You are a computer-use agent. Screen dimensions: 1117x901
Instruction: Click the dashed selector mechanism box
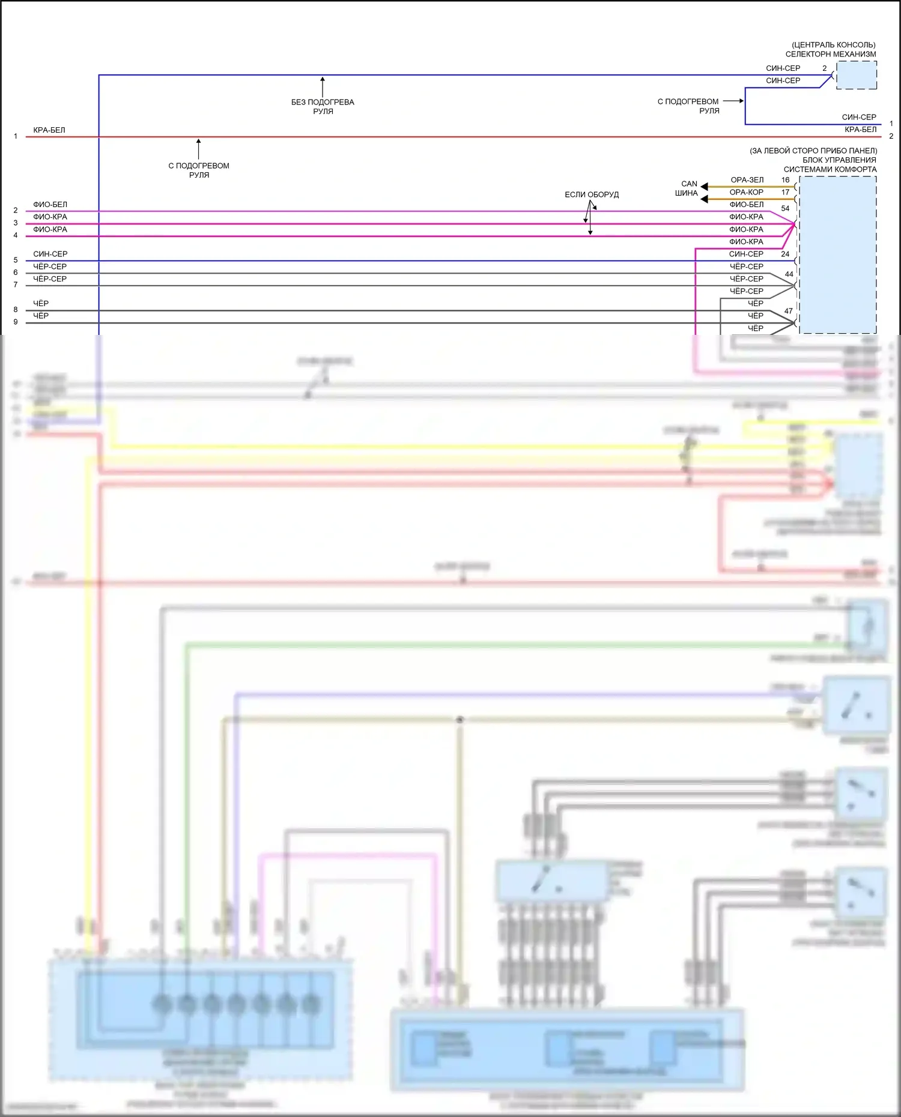click(856, 75)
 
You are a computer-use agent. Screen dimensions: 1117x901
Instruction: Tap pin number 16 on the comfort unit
click(785, 180)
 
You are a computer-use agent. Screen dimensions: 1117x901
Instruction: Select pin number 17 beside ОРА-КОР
click(785, 192)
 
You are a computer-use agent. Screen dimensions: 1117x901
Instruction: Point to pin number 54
click(785, 208)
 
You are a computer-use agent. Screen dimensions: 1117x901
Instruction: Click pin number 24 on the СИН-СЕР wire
click(785, 254)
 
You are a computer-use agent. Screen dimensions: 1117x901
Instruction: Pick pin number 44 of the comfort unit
click(789, 274)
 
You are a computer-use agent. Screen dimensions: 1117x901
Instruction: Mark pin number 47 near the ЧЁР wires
click(788, 311)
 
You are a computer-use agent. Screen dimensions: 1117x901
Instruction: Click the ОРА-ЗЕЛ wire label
click(747, 180)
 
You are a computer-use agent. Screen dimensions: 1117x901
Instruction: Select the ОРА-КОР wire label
click(746, 192)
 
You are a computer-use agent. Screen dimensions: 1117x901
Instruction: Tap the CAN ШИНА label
click(687, 188)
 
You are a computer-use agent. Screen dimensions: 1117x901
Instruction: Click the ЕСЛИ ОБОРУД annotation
click(591, 194)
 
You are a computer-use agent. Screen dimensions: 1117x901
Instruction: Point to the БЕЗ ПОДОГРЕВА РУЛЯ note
click(323, 106)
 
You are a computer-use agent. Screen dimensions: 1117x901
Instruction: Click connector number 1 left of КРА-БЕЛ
click(16, 136)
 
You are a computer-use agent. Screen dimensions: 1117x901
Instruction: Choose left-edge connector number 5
click(16, 260)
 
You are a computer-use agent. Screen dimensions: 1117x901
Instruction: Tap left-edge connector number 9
click(16, 322)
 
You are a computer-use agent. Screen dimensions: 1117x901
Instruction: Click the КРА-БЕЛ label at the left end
click(49, 130)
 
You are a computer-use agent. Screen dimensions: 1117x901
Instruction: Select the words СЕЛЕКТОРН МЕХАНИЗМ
click(830, 54)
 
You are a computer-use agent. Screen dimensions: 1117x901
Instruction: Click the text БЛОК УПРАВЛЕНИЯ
click(839, 160)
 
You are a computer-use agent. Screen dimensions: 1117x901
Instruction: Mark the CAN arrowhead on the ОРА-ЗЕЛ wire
click(704, 187)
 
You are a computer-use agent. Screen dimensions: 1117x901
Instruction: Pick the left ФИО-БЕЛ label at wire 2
click(50, 205)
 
